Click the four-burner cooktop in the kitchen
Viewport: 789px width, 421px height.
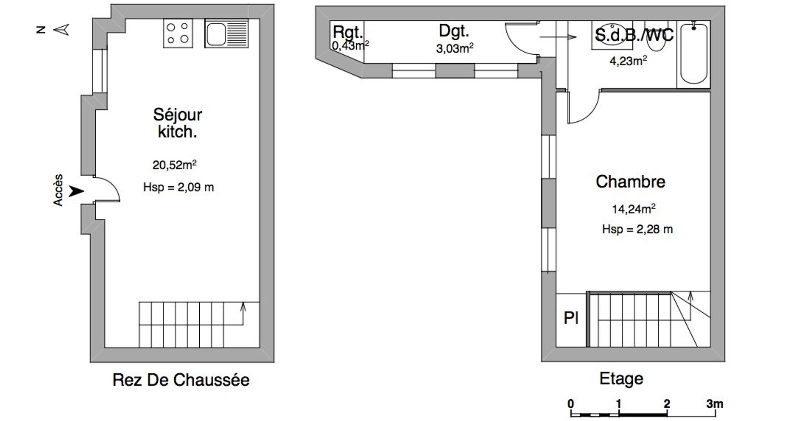tap(178, 33)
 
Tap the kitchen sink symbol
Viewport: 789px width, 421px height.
tap(226, 33)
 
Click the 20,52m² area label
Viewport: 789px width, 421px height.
tap(175, 165)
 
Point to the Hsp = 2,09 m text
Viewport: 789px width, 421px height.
tap(178, 187)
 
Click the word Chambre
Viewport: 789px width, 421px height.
tap(630, 181)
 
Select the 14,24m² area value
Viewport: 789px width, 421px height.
tap(634, 209)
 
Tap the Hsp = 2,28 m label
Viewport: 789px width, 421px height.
tap(637, 229)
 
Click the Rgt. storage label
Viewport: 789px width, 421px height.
tap(348, 32)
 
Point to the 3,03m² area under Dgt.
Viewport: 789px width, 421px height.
tap(454, 49)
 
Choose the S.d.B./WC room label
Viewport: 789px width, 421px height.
tap(634, 35)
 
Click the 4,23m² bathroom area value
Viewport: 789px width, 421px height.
tap(628, 61)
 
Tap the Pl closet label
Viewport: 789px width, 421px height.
tap(571, 318)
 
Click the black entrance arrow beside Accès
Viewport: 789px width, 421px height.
tap(76, 191)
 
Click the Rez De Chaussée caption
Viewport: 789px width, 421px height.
tap(181, 380)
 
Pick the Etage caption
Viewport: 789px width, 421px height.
tap(621, 379)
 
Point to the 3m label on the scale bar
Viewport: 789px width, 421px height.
tap(715, 404)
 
